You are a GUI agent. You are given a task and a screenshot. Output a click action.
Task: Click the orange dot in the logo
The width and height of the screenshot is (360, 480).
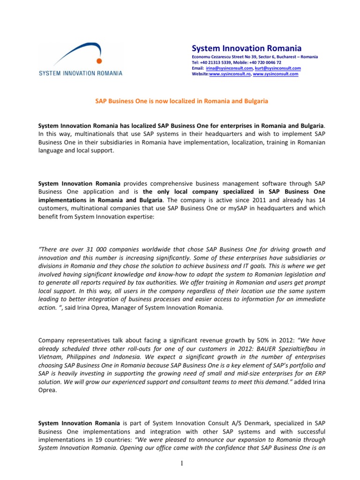point(97,60)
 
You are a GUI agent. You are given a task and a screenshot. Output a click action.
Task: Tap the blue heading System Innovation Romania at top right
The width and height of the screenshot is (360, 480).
point(247,49)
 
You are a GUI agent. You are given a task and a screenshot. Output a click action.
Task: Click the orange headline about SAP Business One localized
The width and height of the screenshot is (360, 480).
point(182,101)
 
